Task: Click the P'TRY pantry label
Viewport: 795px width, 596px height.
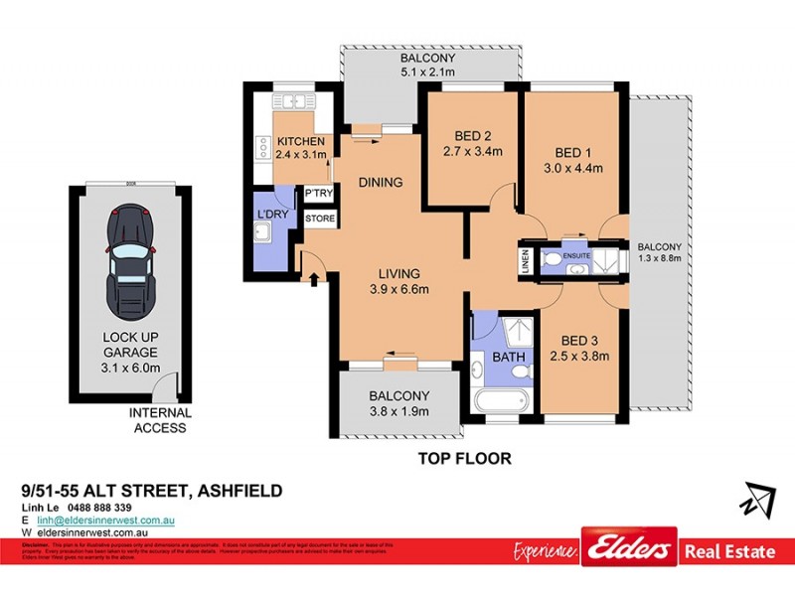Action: point(318,194)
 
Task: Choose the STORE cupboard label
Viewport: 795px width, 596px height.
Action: point(319,218)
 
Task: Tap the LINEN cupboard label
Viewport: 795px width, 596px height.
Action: point(525,260)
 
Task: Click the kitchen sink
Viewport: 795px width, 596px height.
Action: point(292,100)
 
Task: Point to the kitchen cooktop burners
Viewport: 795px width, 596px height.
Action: point(263,147)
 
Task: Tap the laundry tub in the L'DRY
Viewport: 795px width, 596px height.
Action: point(264,233)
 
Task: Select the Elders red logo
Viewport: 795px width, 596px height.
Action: point(629,548)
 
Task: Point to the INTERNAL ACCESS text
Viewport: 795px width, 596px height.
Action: point(158,420)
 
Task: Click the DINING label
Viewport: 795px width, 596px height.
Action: point(381,182)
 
